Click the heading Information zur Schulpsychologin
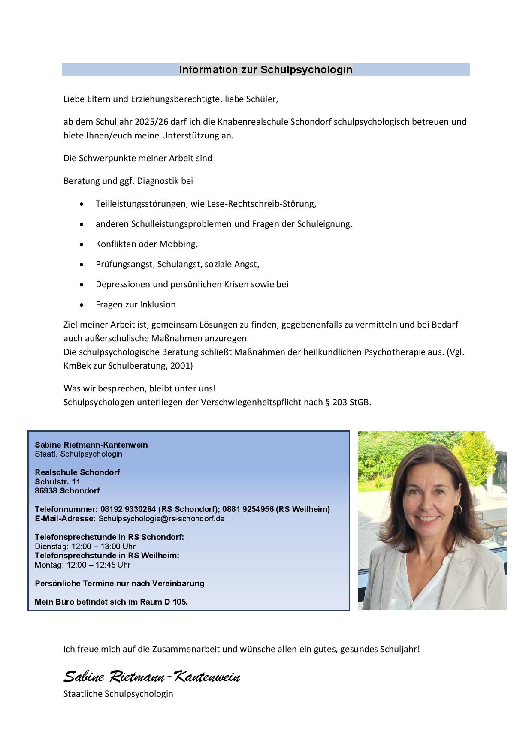(266, 69)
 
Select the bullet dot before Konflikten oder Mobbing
(82, 244)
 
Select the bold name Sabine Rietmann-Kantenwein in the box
(91, 445)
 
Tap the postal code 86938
(46, 490)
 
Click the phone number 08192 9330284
(128, 509)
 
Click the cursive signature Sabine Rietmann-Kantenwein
(151, 677)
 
